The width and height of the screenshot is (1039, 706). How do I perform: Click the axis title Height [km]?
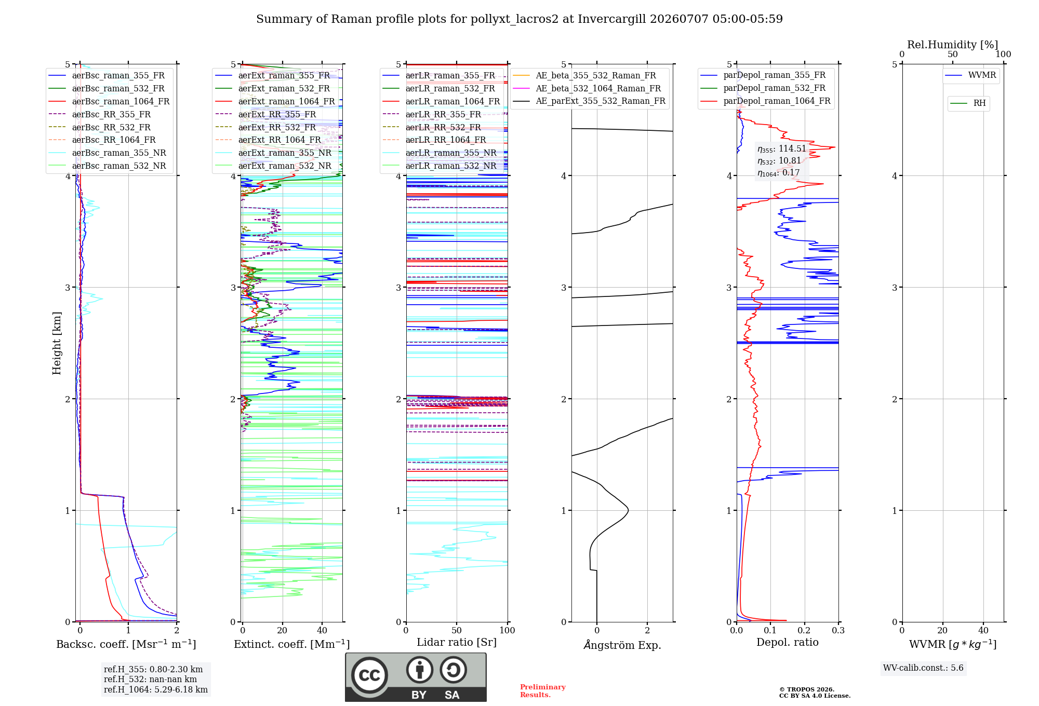tap(57, 343)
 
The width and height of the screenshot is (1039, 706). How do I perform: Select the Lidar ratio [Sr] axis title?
tap(457, 642)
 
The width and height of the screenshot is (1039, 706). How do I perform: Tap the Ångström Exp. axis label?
tap(622, 645)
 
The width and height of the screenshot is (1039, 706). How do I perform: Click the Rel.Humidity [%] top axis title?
tap(952, 45)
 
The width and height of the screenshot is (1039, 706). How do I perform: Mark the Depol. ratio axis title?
tap(788, 642)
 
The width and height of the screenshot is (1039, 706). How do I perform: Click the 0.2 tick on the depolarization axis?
tap(804, 630)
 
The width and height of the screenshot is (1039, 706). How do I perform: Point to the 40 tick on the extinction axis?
tap(322, 630)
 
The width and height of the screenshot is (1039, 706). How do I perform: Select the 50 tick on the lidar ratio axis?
tap(457, 630)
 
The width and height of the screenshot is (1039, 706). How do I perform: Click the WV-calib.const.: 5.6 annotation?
tap(923, 668)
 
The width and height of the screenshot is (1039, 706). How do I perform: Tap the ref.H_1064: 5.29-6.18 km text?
tap(156, 690)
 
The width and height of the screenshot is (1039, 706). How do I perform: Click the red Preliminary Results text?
tap(543, 691)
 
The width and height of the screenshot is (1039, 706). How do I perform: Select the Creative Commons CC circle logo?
tap(369, 675)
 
